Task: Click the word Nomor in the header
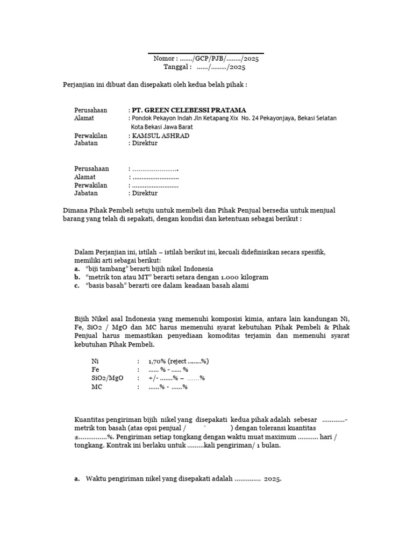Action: coord(164,59)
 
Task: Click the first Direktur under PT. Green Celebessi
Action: coord(145,144)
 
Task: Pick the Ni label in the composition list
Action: coord(95,361)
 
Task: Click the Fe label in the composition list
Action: coord(96,370)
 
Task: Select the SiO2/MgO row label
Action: coord(108,378)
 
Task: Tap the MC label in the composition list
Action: coord(97,387)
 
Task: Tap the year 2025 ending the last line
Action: coord(273,479)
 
